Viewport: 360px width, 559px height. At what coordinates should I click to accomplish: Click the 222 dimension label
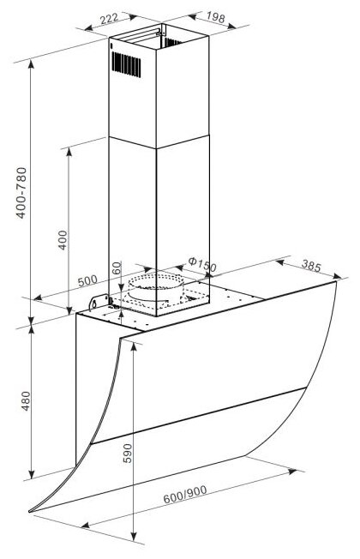pyautogui.click(x=109, y=18)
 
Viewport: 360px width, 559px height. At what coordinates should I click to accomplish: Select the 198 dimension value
pyautogui.click(x=216, y=17)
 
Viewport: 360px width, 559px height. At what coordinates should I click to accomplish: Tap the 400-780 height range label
pyautogui.click(x=21, y=193)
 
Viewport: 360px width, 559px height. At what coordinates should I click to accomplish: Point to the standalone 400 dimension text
pyautogui.click(x=63, y=240)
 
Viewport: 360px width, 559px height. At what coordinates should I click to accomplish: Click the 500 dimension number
pyautogui.click(x=87, y=280)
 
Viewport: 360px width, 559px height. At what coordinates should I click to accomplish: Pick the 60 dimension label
pyautogui.click(x=117, y=268)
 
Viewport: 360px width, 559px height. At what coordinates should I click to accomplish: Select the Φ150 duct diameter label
pyautogui.click(x=202, y=265)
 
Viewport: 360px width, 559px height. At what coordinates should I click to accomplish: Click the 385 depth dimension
pyautogui.click(x=311, y=265)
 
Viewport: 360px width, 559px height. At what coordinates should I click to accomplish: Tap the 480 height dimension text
pyautogui.click(x=26, y=401)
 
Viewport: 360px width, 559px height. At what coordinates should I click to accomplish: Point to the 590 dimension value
pyautogui.click(x=127, y=454)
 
